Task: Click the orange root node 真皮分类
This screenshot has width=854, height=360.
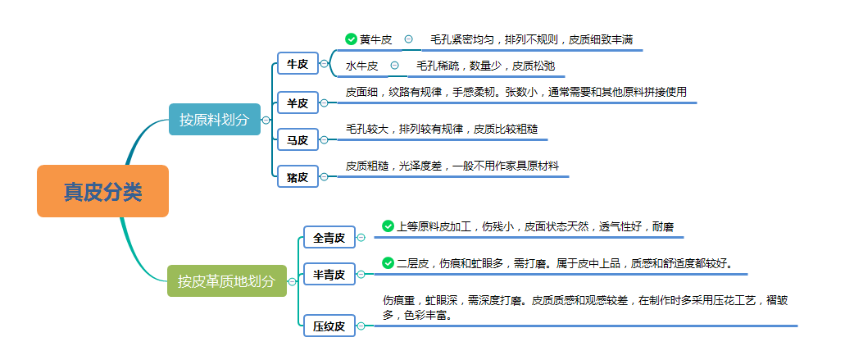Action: (x=102, y=191)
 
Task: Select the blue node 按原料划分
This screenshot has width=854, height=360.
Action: (x=214, y=120)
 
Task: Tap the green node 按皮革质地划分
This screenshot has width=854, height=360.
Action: (x=226, y=281)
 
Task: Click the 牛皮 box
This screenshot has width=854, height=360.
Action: (x=298, y=63)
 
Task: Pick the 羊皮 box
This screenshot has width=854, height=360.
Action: (x=298, y=103)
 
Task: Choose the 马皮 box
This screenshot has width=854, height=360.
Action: (x=298, y=140)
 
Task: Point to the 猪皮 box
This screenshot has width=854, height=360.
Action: (x=298, y=176)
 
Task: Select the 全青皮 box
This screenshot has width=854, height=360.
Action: (x=329, y=238)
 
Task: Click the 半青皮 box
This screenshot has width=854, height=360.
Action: (x=329, y=274)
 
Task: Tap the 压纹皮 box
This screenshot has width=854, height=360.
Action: (x=329, y=326)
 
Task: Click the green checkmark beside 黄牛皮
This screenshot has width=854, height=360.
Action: (x=352, y=39)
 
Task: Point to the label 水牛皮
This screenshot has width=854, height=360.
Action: (x=361, y=66)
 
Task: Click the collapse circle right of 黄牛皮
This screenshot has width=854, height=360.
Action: (x=408, y=39)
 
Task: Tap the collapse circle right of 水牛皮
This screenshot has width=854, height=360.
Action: (x=394, y=66)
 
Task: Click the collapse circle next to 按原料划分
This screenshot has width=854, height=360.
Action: (x=266, y=120)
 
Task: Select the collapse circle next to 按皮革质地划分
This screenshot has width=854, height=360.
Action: (x=293, y=281)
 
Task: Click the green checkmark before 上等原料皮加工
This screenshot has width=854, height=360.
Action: (x=388, y=226)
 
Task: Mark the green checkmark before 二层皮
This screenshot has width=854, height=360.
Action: (x=388, y=263)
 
